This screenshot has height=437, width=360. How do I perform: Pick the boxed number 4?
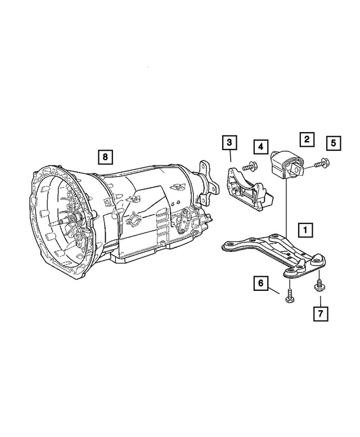[x=260, y=147]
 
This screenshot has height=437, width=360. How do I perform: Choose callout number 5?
[x=333, y=143]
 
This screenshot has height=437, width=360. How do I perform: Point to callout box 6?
[x=260, y=284]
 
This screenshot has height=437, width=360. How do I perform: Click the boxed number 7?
[x=319, y=312]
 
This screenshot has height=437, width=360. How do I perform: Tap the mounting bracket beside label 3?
[x=242, y=188]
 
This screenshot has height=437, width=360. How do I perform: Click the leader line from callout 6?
[x=274, y=290]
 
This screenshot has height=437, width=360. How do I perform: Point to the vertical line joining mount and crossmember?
[x=287, y=208]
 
